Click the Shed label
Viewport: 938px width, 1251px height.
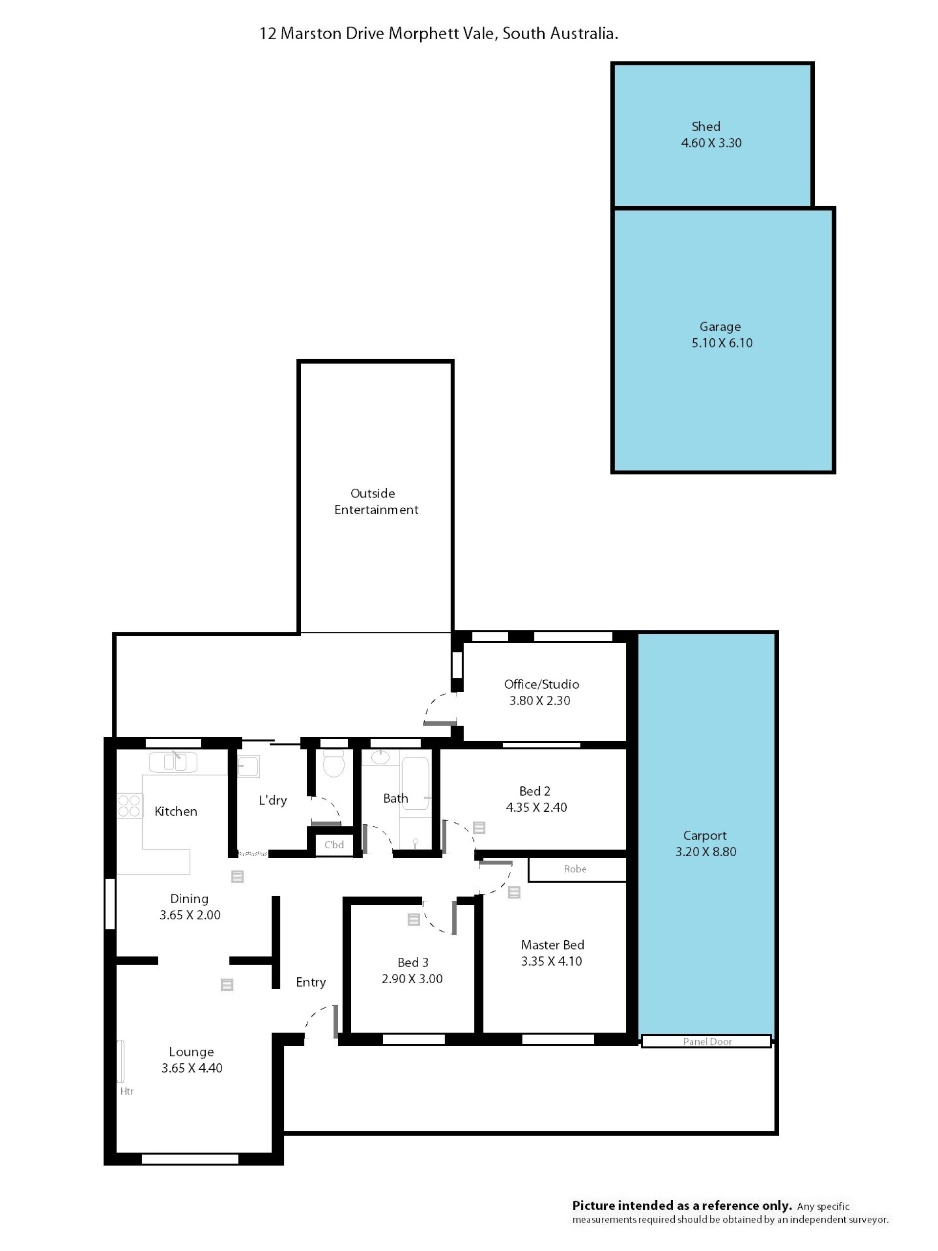[705, 127]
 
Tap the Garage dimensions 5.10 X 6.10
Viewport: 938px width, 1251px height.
[722, 343]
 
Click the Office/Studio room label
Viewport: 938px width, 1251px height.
[541, 684]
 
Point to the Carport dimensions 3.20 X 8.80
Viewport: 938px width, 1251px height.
[705, 852]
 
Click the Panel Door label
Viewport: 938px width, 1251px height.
[707, 1041]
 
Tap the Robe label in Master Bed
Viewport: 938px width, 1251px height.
[575, 869]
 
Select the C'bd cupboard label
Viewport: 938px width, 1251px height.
[334, 844]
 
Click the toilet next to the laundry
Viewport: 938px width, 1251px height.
[333, 764]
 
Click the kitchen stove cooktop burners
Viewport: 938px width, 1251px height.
[129, 806]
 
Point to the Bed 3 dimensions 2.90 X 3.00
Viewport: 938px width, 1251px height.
[412, 979]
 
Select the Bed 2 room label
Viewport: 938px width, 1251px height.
[534, 791]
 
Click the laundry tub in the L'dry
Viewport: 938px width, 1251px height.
[248, 766]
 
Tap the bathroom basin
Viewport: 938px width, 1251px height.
[380, 757]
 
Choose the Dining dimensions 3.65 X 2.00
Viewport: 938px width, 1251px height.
[190, 915]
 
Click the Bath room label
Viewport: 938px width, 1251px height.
[395, 798]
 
